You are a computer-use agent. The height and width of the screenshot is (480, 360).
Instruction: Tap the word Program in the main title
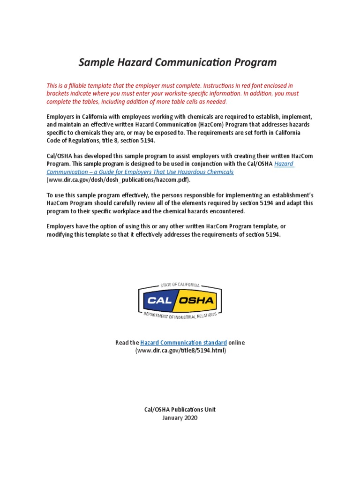pyautogui.click(x=255, y=62)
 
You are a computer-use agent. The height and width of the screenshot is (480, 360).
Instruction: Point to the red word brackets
pyautogui.click(x=60, y=93)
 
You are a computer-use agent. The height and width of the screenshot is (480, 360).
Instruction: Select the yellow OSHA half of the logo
pyautogui.click(x=198, y=300)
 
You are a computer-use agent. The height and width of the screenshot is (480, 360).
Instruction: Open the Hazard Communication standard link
pyautogui.click(x=183, y=343)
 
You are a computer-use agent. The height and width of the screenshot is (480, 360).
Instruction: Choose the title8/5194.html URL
pyautogui.click(x=180, y=351)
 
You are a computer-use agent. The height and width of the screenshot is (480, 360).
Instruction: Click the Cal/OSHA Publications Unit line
pyautogui.click(x=180, y=409)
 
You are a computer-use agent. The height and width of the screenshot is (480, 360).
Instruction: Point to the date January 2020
pyautogui.click(x=180, y=417)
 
